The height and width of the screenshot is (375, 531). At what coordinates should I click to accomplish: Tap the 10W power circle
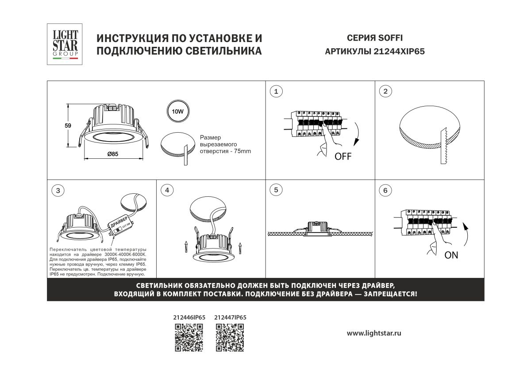pos(178,111)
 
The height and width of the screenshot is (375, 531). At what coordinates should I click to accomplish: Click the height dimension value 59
pos(68,126)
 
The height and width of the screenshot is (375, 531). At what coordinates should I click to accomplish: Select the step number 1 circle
pos(276,92)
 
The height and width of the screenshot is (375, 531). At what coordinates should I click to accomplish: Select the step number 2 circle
pos(385,92)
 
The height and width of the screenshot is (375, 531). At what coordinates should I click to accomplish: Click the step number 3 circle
pos(58,191)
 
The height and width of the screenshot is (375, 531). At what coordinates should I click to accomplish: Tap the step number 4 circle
pos(167,191)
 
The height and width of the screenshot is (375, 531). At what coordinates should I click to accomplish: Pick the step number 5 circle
pos(276,190)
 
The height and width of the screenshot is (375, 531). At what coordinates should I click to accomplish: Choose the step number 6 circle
pos(385,191)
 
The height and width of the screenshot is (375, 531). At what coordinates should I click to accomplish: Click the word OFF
pos(343,156)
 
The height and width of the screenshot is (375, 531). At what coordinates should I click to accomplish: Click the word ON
pos(451,255)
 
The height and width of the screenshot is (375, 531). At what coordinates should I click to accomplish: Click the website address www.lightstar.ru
pos(374,333)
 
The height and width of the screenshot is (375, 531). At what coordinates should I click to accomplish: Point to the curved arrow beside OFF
pos(358,132)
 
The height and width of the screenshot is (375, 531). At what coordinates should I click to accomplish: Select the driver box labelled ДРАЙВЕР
pos(119,225)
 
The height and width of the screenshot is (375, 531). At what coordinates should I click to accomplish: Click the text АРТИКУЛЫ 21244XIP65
pos(374,51)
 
